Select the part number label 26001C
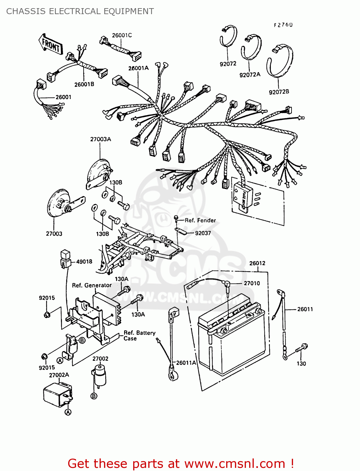coord(122,35)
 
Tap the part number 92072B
coord(279,92)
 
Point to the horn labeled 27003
coord(60,204)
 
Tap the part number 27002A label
coord(59,375)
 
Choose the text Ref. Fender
coord(200,220)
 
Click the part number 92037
coord(203,233)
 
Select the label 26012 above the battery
coord(257,263)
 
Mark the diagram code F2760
coord(283,25)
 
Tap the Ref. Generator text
coord(92,285)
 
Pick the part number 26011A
coord(186,363)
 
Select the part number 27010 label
coord(252,283)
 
